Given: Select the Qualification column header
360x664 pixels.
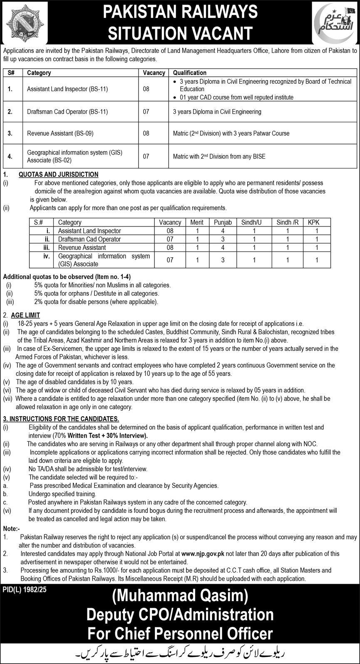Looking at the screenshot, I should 189,72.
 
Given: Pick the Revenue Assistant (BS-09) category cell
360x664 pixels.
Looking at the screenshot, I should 60,134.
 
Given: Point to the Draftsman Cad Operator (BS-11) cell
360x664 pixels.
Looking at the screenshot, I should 67,112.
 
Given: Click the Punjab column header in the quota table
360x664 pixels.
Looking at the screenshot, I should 223,222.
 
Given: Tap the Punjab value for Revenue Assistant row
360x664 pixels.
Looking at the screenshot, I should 223,247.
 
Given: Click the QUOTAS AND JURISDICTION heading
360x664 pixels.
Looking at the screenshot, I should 59,174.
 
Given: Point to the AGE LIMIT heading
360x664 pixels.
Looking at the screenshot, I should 26,316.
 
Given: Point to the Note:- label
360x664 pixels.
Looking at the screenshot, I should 11,529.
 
